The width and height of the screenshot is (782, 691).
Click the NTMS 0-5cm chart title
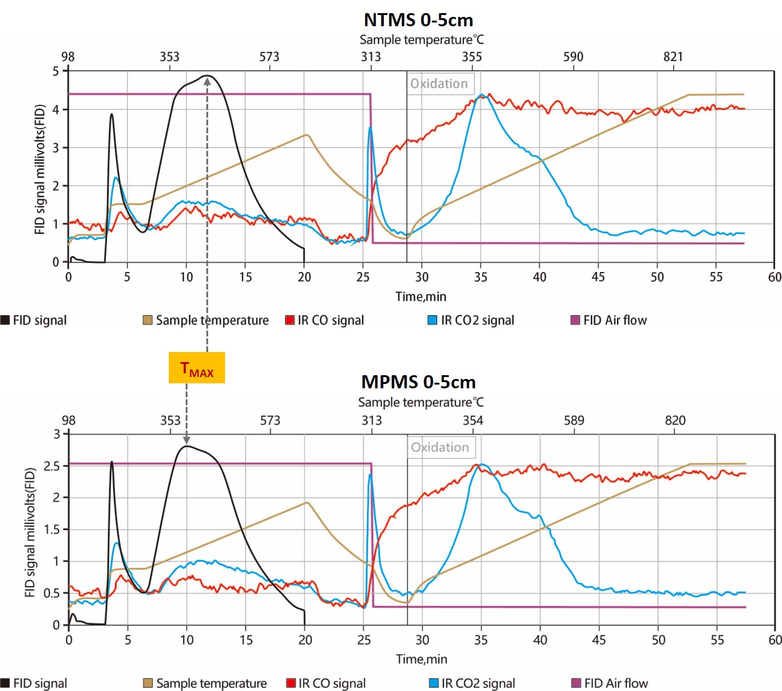(418, 20)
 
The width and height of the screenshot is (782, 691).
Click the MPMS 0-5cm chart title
(418, 382)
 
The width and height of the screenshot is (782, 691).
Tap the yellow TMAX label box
(197, 368)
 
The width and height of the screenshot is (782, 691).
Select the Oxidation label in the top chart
(439, 84)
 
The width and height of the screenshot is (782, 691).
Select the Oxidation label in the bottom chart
(440, 447)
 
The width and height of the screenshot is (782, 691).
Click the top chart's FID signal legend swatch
(6, 320)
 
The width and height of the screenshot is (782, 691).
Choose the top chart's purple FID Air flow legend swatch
(576, 320)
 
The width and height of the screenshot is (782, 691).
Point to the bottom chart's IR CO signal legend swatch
(291, 683)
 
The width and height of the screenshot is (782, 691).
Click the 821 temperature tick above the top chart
(673, 57)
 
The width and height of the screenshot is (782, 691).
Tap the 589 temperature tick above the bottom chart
(574, 420)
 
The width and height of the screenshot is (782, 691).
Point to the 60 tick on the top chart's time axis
(774, 277)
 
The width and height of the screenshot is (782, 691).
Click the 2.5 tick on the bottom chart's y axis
(52, 466)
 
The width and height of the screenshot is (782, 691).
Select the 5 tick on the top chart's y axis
(56, 71)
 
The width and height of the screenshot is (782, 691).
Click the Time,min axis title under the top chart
(421, 296)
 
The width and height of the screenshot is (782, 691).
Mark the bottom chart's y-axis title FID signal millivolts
(29, 532)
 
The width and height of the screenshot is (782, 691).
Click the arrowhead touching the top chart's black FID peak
(207, 81)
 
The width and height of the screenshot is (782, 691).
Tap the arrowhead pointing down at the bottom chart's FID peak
(186, 441)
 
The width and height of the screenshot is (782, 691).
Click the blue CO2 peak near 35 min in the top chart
(481, 95)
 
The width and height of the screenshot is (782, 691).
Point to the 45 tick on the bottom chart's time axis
(599, 640)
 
